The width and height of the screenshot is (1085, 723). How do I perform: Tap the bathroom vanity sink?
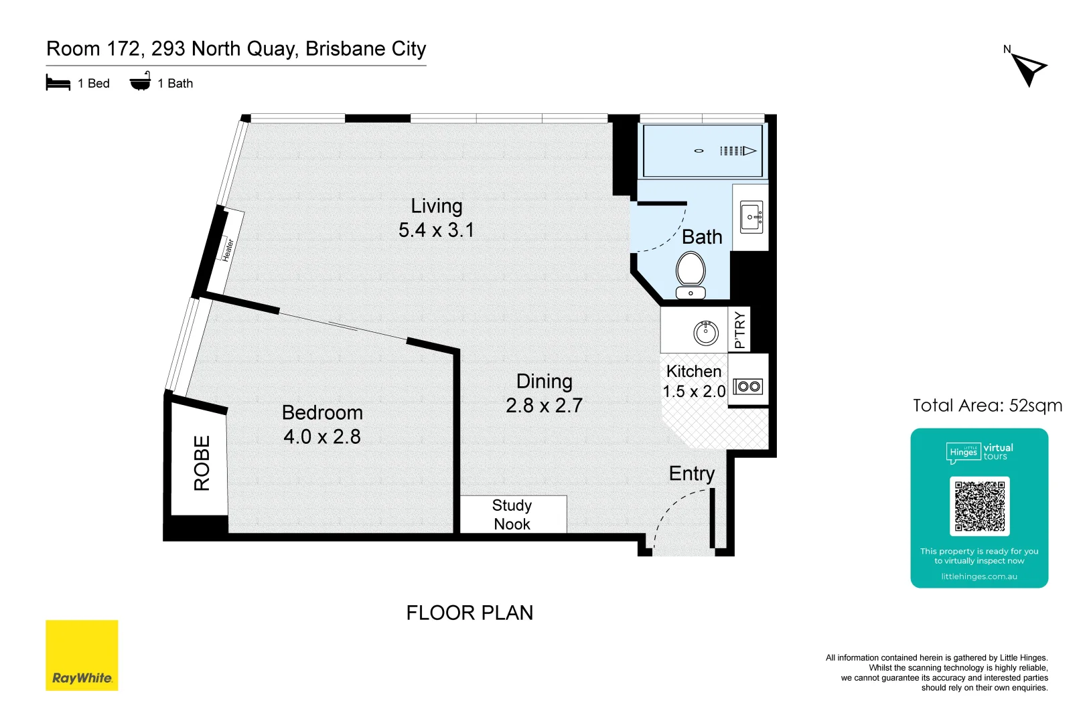point(751,217)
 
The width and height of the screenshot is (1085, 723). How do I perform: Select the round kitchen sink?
point(705,332)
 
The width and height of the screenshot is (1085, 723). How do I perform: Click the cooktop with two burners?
point(748,386)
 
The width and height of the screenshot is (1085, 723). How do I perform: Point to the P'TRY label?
point(739,329)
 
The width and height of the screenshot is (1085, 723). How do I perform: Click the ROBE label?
point(202,463)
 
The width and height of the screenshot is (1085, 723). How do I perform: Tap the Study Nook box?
point(512,514)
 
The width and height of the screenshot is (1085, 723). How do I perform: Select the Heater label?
point(228,250)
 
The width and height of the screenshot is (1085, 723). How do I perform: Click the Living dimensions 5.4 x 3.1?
point(436,230)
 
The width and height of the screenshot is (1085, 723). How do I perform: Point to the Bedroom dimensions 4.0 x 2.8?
point(322,436)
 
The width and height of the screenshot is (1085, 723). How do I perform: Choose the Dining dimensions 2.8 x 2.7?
point(544,406)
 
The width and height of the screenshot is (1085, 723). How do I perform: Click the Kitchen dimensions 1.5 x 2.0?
point(694,392)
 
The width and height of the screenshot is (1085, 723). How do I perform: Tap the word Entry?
point(692,473)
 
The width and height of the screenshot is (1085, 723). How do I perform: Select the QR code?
point(979,506)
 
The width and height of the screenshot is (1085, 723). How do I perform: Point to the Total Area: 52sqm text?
point(987,406)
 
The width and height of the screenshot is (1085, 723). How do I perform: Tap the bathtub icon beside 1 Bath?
point(140,82)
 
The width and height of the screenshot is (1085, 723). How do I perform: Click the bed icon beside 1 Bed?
point(58,83)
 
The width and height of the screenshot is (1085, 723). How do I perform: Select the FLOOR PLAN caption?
point(469,613)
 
